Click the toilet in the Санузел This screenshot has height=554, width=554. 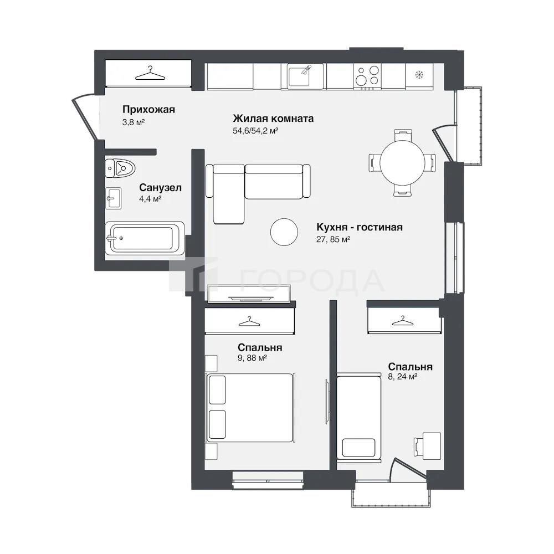point(120,168)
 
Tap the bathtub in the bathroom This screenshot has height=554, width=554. point(145,238)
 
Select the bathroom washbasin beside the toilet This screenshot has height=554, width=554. point(114,198)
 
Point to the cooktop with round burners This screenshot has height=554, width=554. point(367,76)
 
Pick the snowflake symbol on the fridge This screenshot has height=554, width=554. point(419,75)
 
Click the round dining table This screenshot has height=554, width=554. point(402,162)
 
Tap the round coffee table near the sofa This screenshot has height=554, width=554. point(284,232)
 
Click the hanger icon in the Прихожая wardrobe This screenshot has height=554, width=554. point(151,74)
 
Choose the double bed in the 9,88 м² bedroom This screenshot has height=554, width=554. point(250,407)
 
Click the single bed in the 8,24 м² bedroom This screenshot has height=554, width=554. point(359,417)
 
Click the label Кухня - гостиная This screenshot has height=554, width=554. point(360,227)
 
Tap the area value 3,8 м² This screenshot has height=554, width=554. point(134,122)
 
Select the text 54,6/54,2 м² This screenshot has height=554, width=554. point(255,131)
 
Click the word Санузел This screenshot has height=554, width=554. point(161,187)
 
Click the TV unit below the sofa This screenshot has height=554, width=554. point(250,294)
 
